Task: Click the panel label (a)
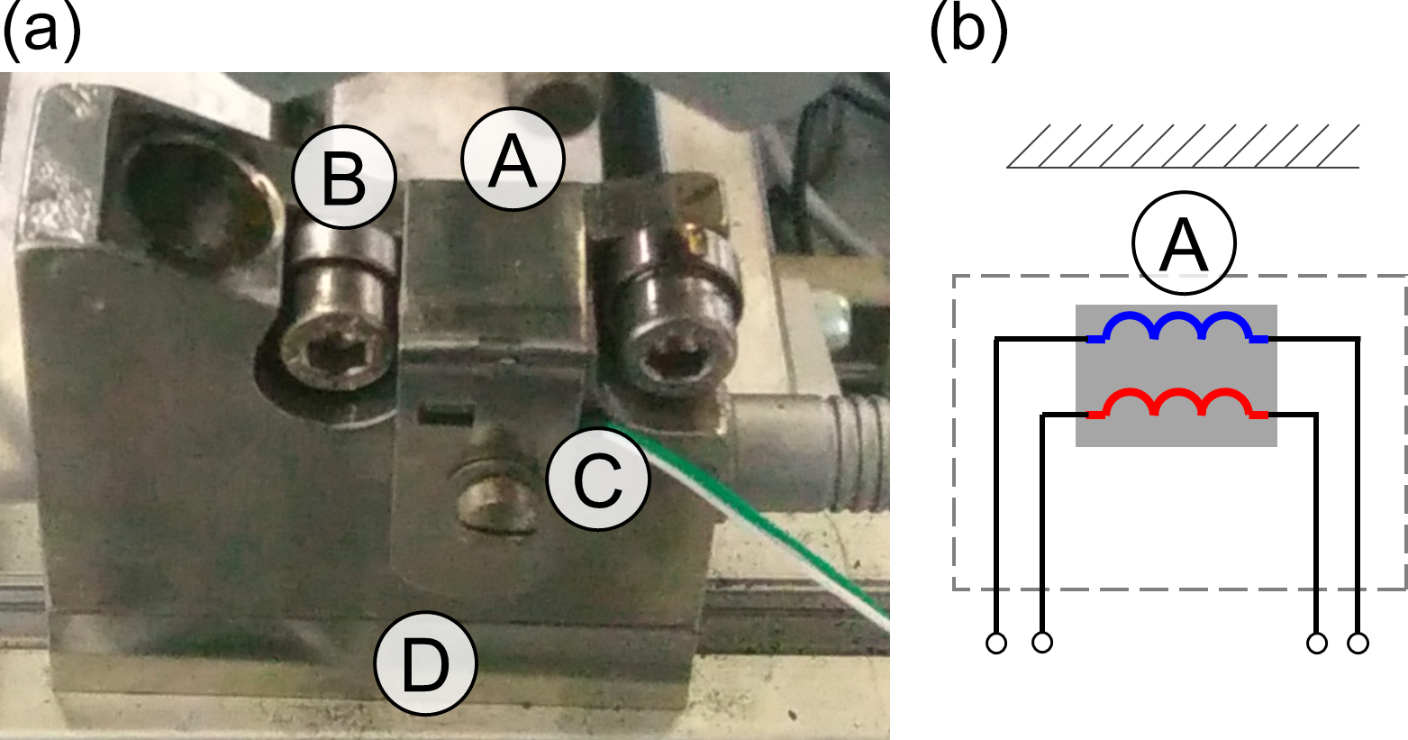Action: (41, 33)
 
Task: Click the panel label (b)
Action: (967, 33)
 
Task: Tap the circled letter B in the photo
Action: (344, 177)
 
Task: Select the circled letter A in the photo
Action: (512, 160)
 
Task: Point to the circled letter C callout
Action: (598, 478)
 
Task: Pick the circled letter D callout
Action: (424, 663)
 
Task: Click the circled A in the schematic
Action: (1184, 242)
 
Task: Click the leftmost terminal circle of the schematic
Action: (996, 644)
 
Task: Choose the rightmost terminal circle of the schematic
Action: (1358, 644)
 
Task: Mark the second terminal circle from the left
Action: (1042, 644)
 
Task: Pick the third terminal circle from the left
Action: (1316, 644)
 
